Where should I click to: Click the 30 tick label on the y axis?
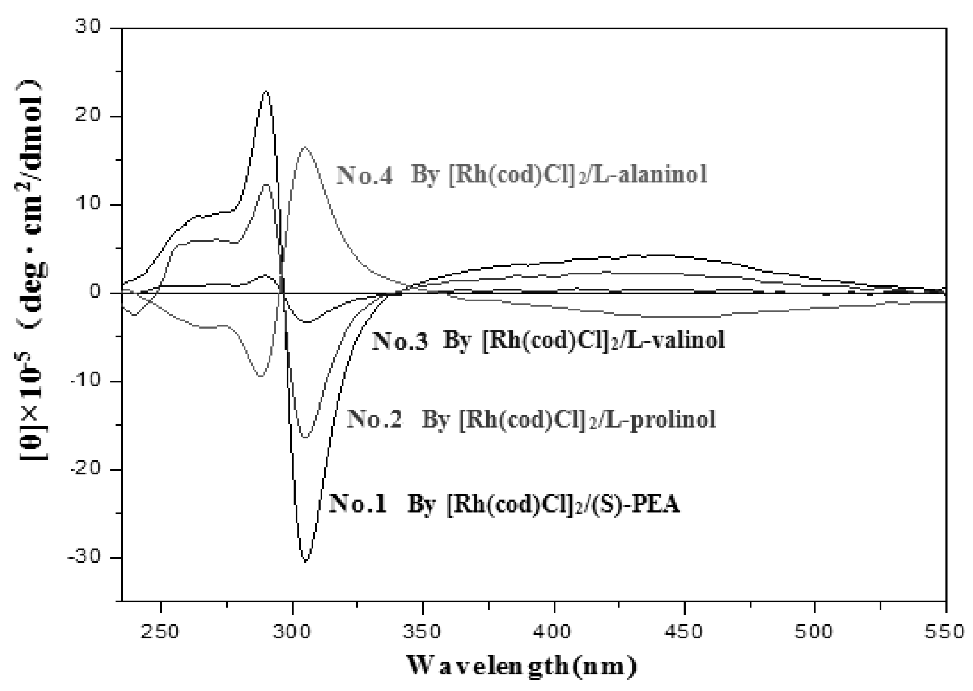coord(88,28)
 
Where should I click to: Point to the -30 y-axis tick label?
coord(84,558)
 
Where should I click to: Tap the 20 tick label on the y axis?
coord(88,116)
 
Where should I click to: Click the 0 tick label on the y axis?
coord(95,293)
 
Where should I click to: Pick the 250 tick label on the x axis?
coord(160,631)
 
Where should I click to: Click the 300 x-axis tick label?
coord(292,631)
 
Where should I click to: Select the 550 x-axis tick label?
coord(945,631)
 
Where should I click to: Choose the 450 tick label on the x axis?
coord(684,631)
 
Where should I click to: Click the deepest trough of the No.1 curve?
coord(306,561)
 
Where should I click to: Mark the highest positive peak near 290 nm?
coord(266,91)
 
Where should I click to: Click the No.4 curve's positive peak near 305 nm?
coord(305,148)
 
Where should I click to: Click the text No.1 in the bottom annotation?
coord(358,504)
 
